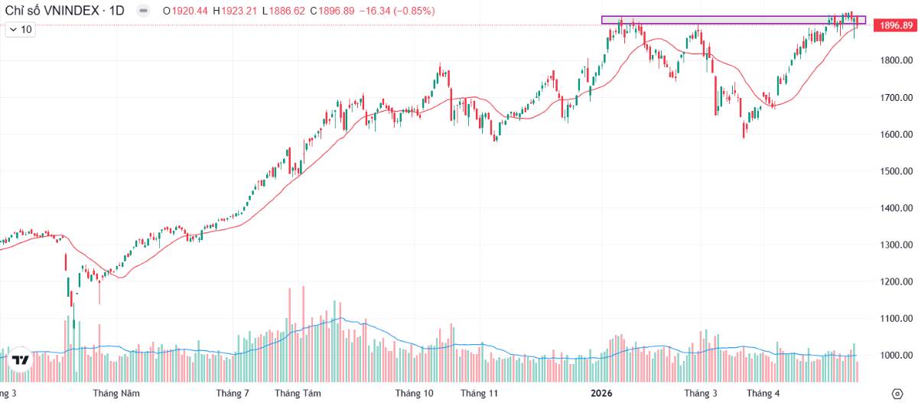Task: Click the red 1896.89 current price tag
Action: [x=895, y=25]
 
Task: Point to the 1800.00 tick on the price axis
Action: [x=897, y=60]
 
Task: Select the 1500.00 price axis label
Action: [x=897, y=171]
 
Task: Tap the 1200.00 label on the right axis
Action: [x=897, y=281]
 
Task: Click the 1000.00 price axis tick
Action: [x=897, y=356]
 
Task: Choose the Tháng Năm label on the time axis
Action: [x=116, y=394]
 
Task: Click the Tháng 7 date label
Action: [x=233, y=394]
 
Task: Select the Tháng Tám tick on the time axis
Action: [x=298, y=394]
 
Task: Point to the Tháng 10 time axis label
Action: [x=414, y=394]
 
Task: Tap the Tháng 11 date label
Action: [x=479, y=394]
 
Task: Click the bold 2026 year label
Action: [x=601, y=394]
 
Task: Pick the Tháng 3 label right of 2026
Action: [x=701, y=394]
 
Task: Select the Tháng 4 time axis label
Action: [x=763, y=394]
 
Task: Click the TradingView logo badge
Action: [x=20, y=360]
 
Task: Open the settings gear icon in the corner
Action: [x=897, y=394]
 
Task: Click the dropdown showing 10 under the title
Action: [x=21, y=30]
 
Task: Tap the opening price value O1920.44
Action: [x=185, y=11]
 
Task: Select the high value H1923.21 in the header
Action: [x=235, y=11]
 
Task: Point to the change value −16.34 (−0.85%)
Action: [x=397, y=11]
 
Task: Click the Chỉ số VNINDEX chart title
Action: [x=52, y=11]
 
